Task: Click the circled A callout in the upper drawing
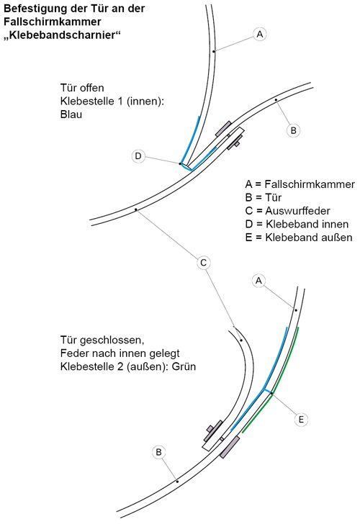pos(260,34)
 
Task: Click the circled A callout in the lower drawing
pos(258,281)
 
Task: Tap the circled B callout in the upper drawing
pos(294,130)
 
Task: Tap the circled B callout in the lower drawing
pos(158,452)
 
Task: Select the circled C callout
pos(203,263)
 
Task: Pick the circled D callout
pos(138,156)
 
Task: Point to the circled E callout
pos(301,420)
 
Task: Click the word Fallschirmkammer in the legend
pos(310,184)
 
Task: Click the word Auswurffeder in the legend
pos(297,211)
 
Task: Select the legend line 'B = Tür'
pos(264,197)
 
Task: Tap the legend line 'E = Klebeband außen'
pos(299,238)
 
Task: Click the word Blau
pos(71,114)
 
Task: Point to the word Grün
pos(184,366)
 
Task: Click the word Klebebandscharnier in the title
pos(62,35)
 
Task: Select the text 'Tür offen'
pos(82,88)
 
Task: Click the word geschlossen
pos(112,340)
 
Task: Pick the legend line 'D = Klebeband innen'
pos(297,224)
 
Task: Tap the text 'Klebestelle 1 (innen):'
pos(112,101)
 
